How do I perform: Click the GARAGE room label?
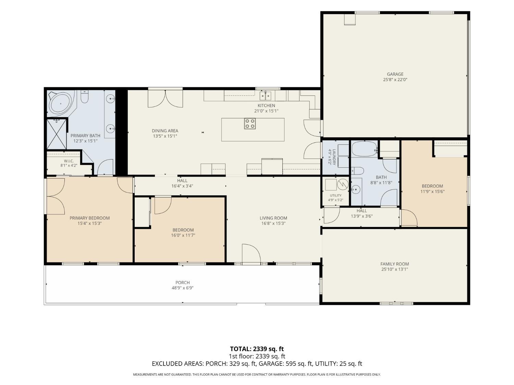tap(395, 74)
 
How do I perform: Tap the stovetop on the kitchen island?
tap(249, 124)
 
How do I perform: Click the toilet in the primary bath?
tap(84, 97)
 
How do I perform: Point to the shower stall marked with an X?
tap(57, 134)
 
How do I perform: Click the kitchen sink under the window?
tap(265, 95)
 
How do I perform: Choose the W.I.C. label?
tap(69, 161)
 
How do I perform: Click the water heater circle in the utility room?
tap(343, 184)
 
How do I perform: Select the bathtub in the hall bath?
tap(364, 149)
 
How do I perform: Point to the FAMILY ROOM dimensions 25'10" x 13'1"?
tap(394, 269)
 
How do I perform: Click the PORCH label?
tap(182, 282)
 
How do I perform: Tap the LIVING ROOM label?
tap(273, 218)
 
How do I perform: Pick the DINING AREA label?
tap(165, 131)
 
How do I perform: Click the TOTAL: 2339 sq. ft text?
tap(257, 349)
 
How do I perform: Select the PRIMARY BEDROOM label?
tap(89, 218)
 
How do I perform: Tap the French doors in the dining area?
tap(165, 99)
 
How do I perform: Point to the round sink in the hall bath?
tap(355, 189)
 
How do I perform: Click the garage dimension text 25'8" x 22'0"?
tap(395, 79)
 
